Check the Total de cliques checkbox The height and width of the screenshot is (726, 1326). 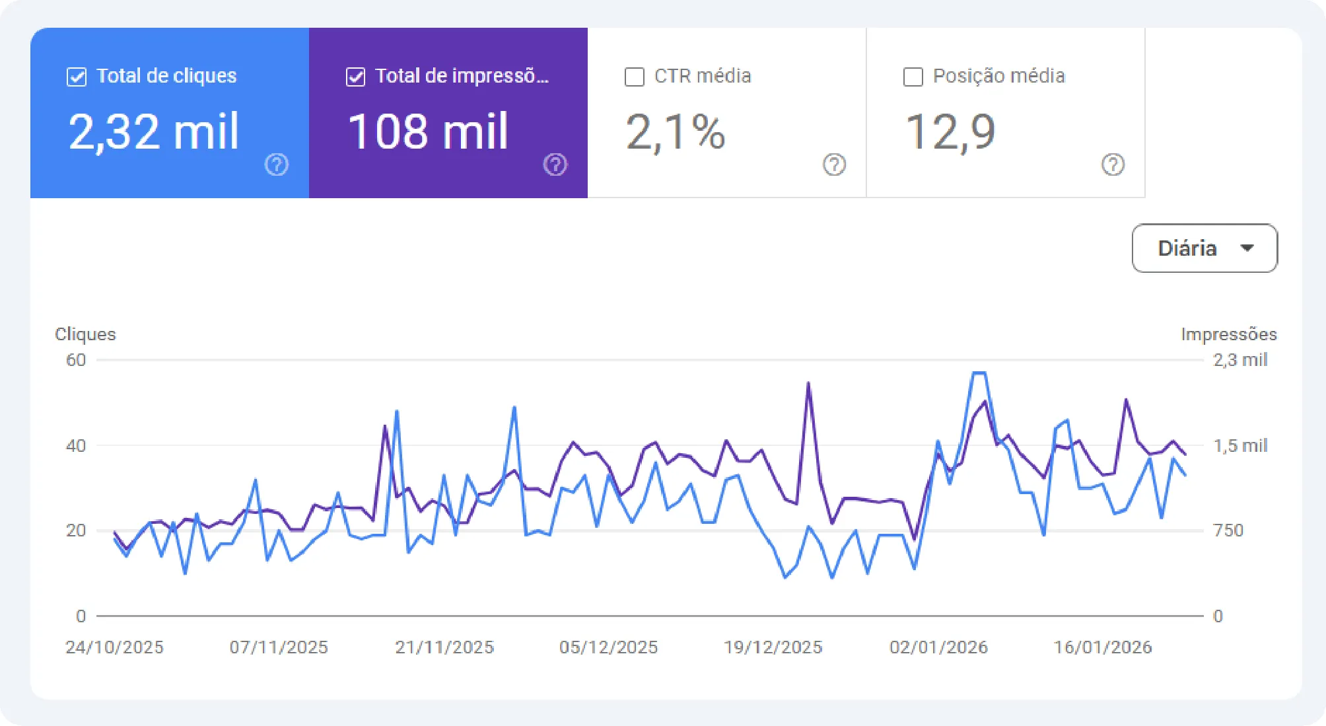click(77, 77)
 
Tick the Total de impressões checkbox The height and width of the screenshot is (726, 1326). click(355, 77)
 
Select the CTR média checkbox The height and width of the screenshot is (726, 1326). click(634, 77)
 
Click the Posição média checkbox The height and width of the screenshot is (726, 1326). click(913, 77)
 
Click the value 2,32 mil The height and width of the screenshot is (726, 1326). click(153, 131)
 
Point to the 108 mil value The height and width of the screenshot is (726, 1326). click(428, 131)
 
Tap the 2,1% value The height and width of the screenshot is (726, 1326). click(675, 132)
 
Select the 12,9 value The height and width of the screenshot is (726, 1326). click(950, 132)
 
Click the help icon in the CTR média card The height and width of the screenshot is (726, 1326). click(834, 164)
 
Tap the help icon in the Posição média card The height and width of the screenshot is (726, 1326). click(1113, 164)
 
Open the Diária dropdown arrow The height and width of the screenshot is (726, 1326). click(1247, 248)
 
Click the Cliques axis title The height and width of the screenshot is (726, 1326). click(85, 334)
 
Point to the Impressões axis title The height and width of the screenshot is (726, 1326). click(1228, 334)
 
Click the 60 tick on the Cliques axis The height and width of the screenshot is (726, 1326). click(76, 360)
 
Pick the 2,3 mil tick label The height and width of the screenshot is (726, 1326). click(1239, 360)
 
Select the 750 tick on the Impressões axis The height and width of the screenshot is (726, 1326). click(1228, 530)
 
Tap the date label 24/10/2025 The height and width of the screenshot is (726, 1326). click(114, 647)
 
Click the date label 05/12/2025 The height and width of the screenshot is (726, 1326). click(608, 647)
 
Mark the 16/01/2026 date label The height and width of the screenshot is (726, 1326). click(1102, 647)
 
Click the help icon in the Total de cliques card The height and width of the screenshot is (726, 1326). click(277, 164)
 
